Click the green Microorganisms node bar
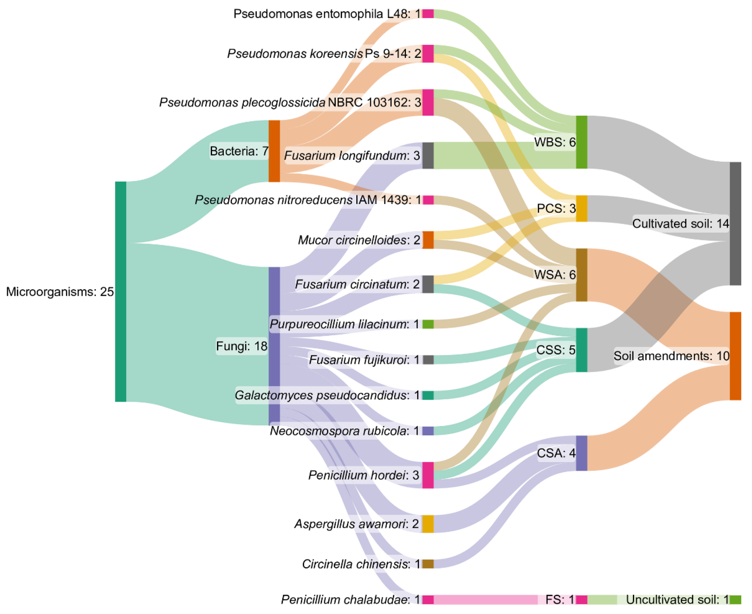(121, 291)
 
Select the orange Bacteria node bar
(274, 151)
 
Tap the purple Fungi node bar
(274, 346)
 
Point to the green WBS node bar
(582, 142)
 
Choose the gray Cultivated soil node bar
(735, 224)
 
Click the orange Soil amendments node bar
(735, 356)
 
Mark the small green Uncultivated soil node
(735, 600)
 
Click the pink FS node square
(582, 600)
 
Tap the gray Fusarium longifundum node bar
(428, 155)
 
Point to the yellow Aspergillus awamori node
(428, 524)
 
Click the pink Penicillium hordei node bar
(428, 475)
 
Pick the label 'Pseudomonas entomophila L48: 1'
(327, 14)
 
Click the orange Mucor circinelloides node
(428, 240)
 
